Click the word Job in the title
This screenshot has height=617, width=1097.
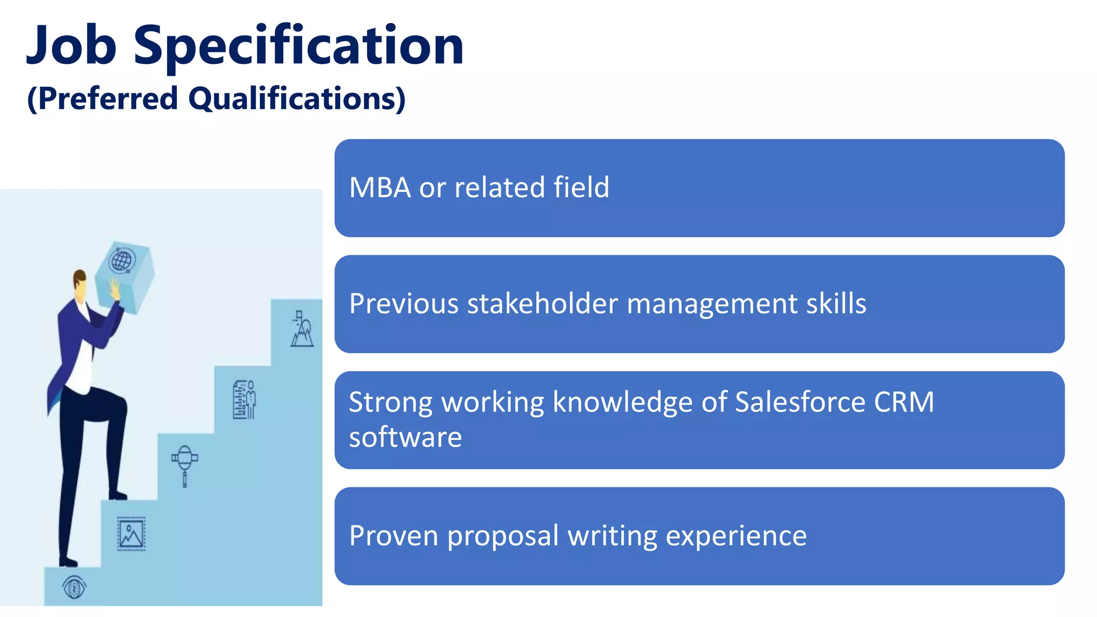pos(71,46)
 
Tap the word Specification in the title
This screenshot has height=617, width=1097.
pos(298,47)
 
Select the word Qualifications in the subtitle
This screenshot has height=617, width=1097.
pos(297,99)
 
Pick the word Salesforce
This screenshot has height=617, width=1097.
pos(800,402)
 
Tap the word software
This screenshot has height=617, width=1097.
pos(405,437)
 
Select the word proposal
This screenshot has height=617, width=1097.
pos(503,536)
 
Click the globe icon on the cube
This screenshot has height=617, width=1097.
pos(122,261)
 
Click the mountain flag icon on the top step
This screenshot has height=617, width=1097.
pos(302,329)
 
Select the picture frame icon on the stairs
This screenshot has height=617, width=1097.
pos(131,534)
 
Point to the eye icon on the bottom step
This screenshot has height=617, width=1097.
pos(74,588)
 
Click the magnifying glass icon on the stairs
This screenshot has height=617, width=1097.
pos(185,464)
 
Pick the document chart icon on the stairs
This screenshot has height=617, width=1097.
pos(244,400)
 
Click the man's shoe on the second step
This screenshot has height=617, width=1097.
pos(117,495)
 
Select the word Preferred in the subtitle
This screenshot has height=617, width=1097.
pos(108,99)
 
